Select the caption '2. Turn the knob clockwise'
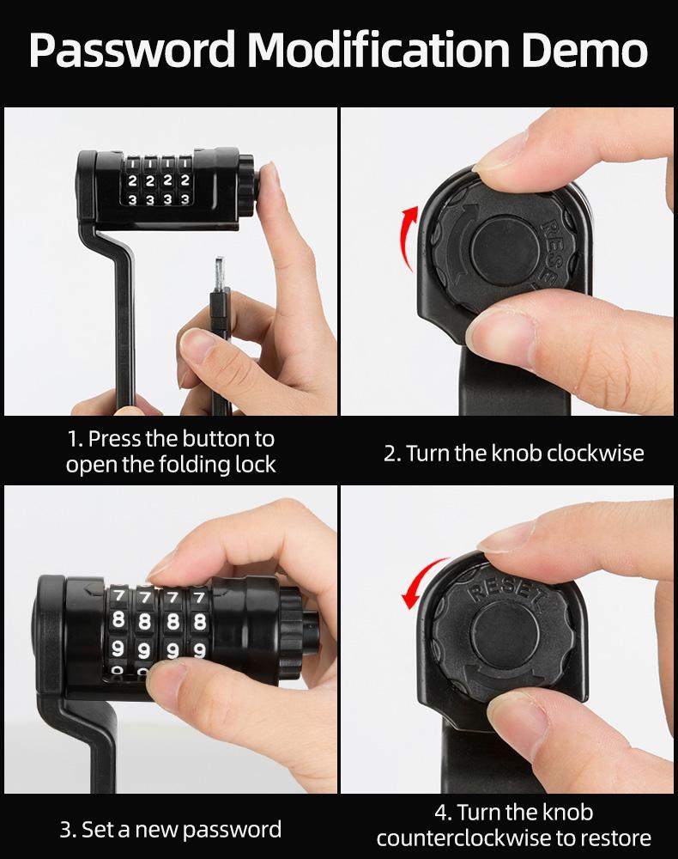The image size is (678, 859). pos(513,453)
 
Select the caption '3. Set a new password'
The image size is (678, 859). pos(170,829)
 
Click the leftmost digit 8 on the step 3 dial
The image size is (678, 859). pos(119,619)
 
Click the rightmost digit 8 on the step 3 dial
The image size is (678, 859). pos(200,620)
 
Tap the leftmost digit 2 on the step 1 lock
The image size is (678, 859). pos(132,181)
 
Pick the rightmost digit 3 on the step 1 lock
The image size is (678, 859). pos(185,200)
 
